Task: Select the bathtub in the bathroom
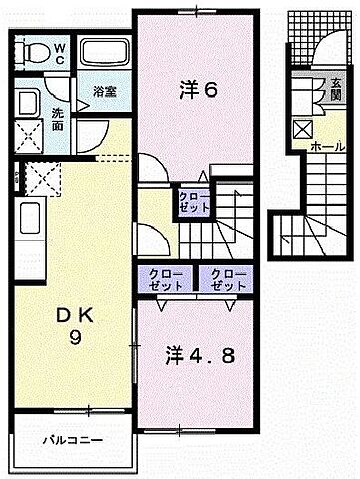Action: (x=102, y=54)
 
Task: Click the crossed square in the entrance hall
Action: (x=303, y=128)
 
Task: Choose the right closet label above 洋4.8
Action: (x=227, y=278)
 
